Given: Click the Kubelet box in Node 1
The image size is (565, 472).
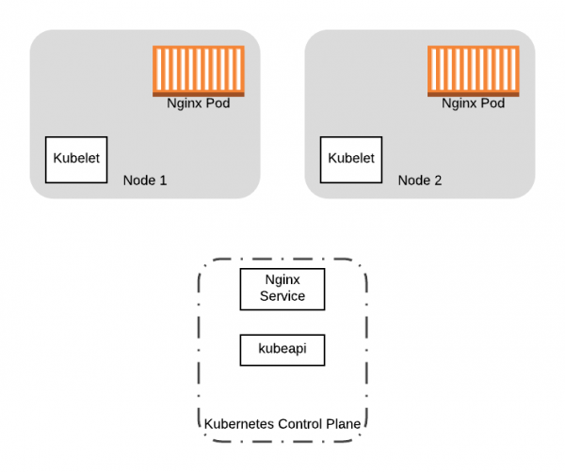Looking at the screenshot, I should pos(77,160).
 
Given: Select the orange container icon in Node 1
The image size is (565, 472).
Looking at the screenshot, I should pos(199,71).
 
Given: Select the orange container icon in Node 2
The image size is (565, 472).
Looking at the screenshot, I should pos(474,71).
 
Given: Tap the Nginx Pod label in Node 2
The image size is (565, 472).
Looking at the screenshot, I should pos(474,103).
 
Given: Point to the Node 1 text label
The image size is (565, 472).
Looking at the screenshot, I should pos(145,180).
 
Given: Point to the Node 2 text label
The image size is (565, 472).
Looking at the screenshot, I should pos(420,180).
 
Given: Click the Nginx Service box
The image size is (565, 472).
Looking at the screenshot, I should pos(282,289).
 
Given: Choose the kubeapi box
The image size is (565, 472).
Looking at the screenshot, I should pos(282,351).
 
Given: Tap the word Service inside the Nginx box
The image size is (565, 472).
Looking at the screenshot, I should pos(282,296).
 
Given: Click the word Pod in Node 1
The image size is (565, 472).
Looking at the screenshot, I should pos(218,103).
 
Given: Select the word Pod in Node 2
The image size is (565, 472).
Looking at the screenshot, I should pos(493,103).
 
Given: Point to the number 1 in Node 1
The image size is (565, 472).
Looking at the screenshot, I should pos(163,180).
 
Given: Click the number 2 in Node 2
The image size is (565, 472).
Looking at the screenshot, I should pos(438,180).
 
